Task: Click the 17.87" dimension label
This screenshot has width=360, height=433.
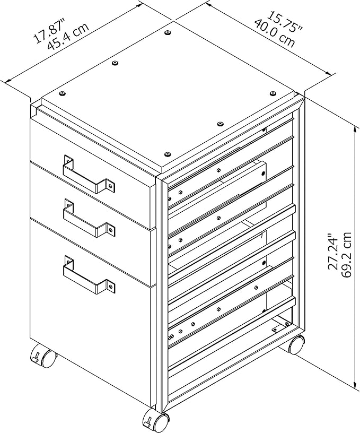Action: coord(49,31)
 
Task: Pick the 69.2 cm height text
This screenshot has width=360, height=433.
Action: coord(347,254)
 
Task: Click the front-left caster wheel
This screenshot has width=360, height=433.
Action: coord(42,356)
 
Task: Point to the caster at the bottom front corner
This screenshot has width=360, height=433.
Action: coord(156,421)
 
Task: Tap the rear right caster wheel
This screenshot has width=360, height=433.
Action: coord(296,344)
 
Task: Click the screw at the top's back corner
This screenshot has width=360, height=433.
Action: coord(167,33)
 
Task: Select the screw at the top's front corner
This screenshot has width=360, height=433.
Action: coord(167,154)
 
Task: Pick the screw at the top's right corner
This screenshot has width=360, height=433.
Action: coord(273,93)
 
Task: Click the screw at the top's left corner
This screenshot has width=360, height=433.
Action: coord(63,93)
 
